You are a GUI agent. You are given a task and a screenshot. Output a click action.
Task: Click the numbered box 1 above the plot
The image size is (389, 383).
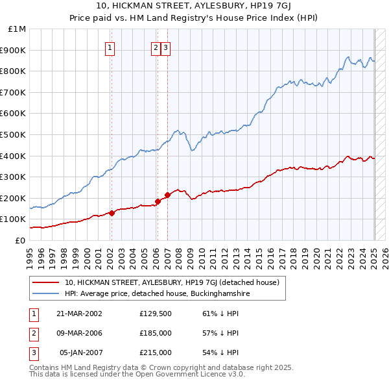pos(110,47)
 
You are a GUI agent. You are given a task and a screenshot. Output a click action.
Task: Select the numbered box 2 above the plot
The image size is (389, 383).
pos(156,47)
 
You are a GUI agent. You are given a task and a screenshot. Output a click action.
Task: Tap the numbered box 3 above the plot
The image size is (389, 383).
pos(165,47)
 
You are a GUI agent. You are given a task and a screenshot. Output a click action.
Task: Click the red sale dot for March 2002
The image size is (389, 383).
pos(112,212)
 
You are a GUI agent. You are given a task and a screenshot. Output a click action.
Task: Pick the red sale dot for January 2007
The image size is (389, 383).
pos(167,195)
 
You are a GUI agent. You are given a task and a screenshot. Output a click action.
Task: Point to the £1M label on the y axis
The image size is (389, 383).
pos(18,29)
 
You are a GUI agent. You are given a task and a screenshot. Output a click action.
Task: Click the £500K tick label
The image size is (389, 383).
pos(14,134)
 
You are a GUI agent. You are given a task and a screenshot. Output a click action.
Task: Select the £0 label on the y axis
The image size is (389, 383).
pos(21,240)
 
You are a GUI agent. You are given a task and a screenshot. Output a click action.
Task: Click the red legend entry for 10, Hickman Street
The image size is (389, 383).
pos(172,282)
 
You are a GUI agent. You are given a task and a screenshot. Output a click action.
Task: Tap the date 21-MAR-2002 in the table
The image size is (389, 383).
pos(79,314)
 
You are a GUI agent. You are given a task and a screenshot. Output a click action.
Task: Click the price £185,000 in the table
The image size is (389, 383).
pos(156,333)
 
